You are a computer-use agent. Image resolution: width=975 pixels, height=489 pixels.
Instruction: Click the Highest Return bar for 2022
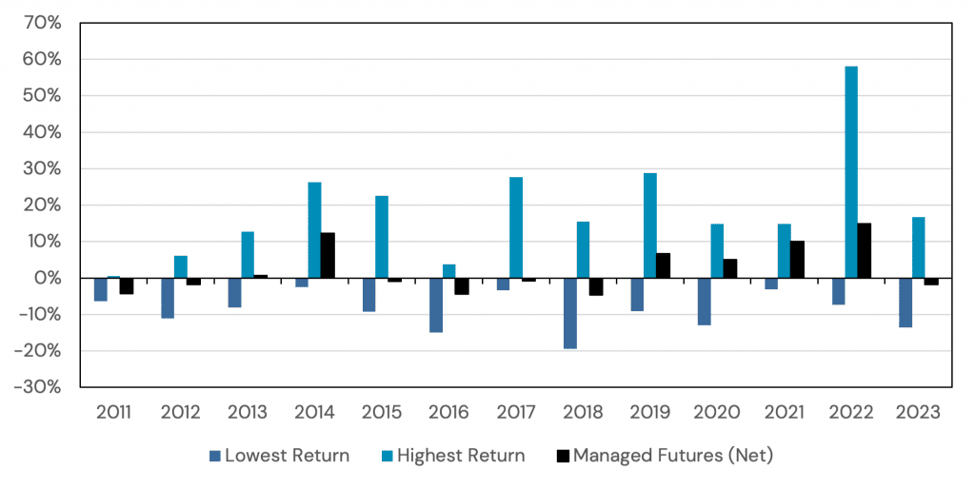click(850, 172)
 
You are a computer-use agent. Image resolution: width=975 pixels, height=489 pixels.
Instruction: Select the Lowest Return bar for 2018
click(569, 313)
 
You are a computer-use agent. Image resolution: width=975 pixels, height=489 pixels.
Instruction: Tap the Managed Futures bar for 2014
click(328, 255)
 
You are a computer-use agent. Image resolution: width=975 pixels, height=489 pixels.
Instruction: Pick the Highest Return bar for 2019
click(650, 225)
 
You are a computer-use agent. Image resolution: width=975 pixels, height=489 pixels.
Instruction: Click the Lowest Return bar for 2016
click(436, 304)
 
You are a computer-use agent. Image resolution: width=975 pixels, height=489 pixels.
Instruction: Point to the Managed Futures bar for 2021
click(797, 260)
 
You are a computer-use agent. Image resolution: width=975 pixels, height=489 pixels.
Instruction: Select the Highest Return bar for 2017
click(516, 227)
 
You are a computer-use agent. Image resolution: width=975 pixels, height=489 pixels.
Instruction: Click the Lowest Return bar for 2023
click(905, 303)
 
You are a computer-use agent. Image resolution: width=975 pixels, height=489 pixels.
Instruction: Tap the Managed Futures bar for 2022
click(864, 250)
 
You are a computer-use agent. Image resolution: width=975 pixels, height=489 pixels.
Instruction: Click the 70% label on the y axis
click(42, 23)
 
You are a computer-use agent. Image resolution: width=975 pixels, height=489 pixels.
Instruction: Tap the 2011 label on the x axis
click(113, 413)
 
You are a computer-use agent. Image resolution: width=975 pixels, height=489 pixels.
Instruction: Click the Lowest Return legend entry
click(287, 456)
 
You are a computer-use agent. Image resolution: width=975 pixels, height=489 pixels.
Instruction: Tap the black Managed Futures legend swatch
click(565, 457)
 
